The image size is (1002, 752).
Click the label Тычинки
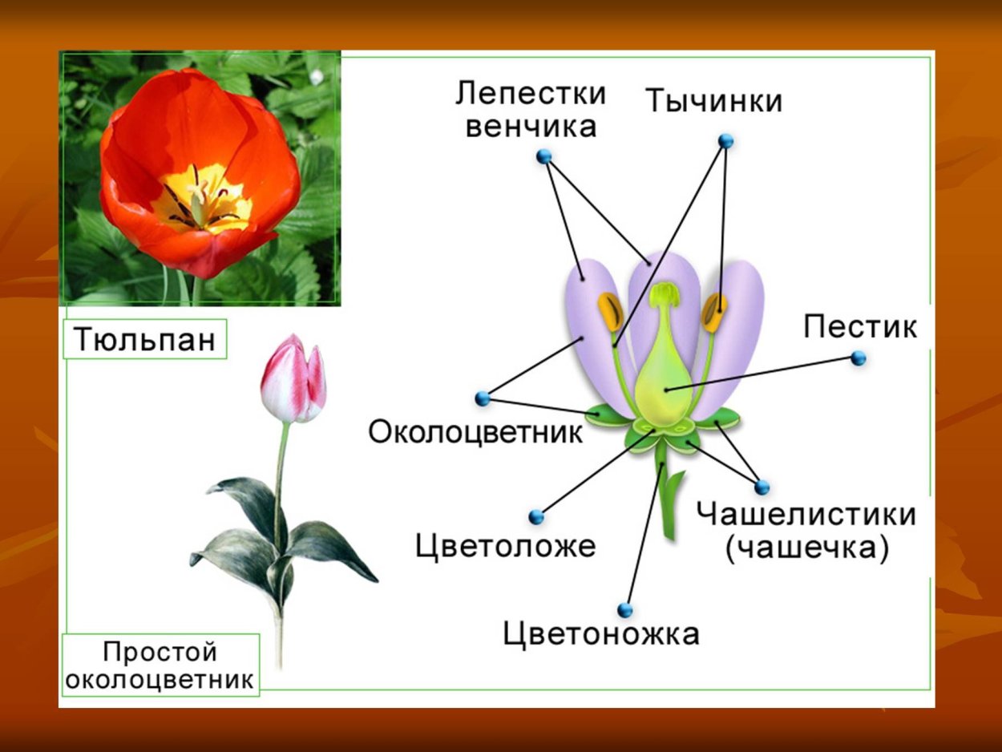[x=713, y=102]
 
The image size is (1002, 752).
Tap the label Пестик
[x=859, y=326]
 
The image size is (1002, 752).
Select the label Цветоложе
[x=505, y=546]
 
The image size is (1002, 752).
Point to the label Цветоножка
[x=601, y=633]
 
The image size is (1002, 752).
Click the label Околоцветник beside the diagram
[x=475, y=432]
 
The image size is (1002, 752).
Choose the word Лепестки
[x=531, y=94]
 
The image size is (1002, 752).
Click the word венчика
[x=531, y=127]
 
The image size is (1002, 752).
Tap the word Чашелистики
[x=806, y=514]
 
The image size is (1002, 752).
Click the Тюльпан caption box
[x=145, y=340]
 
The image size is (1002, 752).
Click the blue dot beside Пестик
[x=859, y=358]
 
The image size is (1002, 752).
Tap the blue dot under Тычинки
[x=726, y=141]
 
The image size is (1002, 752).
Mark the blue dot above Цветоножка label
[x=625, y=610]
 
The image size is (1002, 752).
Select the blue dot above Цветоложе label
[x=536, y=517]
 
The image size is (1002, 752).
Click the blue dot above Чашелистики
[x=762, y=487]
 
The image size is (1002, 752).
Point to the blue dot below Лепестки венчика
[x=544, y=156]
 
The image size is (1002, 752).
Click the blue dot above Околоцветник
[x=482, y=398]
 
